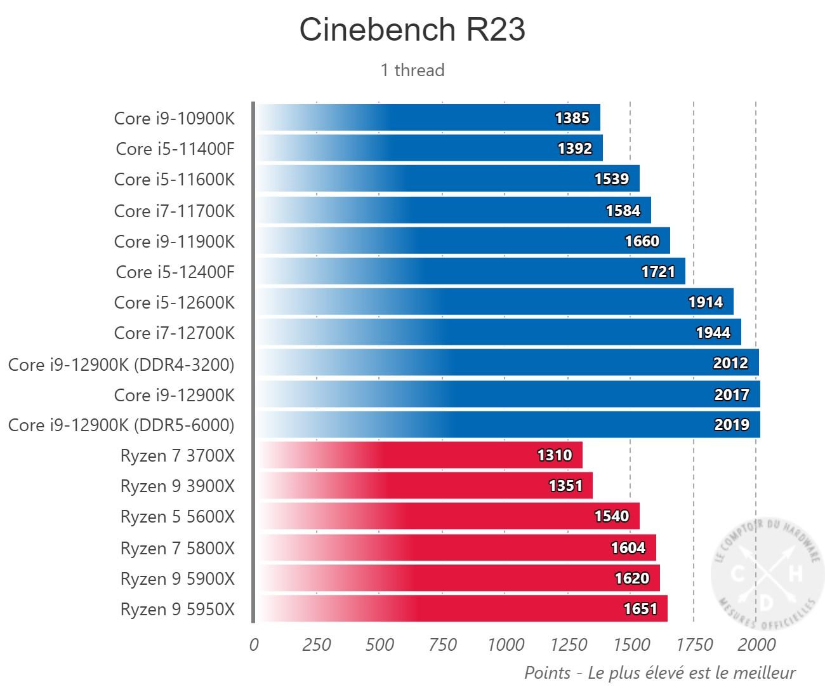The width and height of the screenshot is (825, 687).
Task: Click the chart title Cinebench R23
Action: tap(412, 30)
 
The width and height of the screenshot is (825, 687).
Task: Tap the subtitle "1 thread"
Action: tap(412, 70)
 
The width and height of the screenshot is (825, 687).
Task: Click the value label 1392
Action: tap(574, 149)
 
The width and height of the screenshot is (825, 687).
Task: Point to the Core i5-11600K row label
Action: tap(175, 180)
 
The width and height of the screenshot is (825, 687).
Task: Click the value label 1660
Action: tap(642, 241)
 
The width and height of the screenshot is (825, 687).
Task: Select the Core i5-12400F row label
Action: tap(175, 272)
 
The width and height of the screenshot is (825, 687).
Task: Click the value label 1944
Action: tap(713, 333)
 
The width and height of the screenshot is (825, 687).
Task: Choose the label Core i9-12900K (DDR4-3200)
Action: tap(121, 364)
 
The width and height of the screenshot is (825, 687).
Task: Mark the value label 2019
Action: tap(732, 425)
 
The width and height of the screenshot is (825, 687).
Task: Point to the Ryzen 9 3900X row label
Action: tap(178, 486)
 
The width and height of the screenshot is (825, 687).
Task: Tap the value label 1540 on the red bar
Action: tap(611, 516)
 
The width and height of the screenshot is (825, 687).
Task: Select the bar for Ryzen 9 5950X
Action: tap(460, 609)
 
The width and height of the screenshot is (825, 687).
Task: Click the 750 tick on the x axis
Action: tap(442, 645)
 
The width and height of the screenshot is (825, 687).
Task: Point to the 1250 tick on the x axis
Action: tap(568, 645)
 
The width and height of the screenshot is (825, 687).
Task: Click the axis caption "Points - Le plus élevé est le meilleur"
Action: tap(660, 672)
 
